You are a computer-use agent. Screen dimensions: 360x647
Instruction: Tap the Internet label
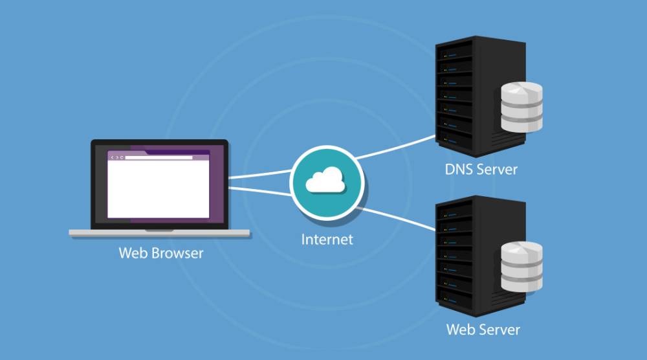coord(327,239)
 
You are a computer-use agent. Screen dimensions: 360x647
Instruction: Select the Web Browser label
coord(160,252)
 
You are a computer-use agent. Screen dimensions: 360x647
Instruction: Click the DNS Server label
coord(481,170)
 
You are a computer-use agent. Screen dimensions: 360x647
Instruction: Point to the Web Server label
coord(483,329)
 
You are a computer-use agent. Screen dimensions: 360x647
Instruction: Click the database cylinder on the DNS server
coord(521,107)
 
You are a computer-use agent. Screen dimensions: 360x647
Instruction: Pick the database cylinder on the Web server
coord(521,267)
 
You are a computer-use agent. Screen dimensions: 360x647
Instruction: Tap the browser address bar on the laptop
coord(159,157)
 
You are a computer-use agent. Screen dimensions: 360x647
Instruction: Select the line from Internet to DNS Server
coord(395,148)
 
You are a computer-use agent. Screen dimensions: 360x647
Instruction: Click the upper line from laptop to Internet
coord(259,175)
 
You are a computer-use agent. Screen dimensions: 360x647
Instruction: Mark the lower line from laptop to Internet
coord(259,189)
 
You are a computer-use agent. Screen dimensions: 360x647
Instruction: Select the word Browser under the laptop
coord(179,252)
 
